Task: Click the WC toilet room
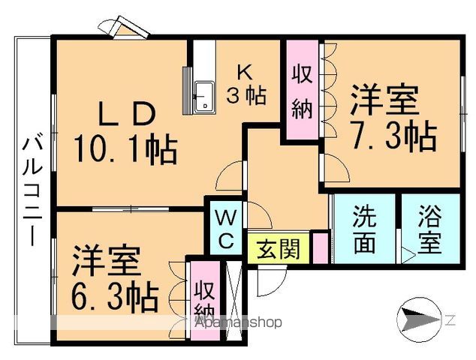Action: tap(226, 227)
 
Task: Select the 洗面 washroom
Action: tap(365, 229)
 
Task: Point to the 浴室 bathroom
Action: tap(431, 229)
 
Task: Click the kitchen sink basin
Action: tap(205, 97)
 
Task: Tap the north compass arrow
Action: tap(418, 319)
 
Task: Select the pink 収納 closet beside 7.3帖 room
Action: tap(303, 89)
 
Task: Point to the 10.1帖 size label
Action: tap(125, 150)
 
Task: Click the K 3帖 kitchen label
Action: tap(246, 85)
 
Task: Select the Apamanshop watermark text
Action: tap(239, 322)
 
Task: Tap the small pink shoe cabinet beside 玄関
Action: tap(321, 248)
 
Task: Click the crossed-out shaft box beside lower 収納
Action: tap(234, 300)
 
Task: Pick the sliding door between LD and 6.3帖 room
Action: tap(131, 209)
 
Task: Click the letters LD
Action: tap(127, 114)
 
